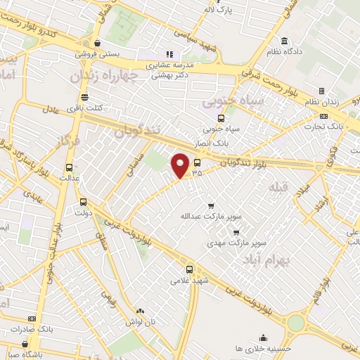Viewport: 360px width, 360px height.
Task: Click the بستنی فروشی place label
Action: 98,53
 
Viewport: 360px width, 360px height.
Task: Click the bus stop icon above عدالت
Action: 69,168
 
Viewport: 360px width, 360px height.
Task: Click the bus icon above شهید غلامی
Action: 189,269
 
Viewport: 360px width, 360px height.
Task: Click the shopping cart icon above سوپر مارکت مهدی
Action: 236,232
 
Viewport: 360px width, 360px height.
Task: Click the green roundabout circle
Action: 296,322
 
